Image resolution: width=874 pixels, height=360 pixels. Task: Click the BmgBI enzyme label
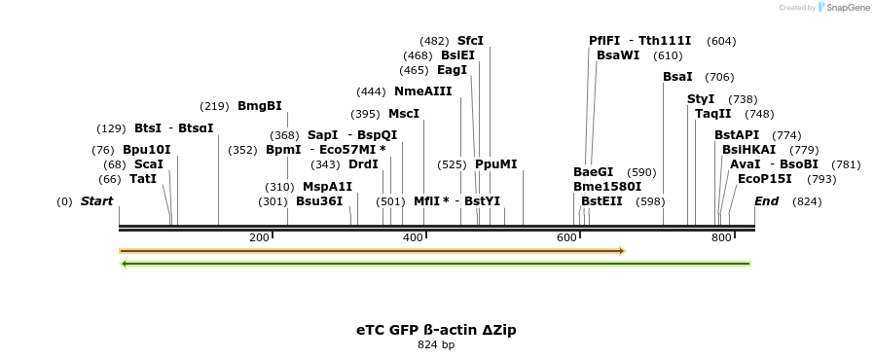click(259, 106)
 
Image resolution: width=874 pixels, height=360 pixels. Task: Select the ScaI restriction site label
click(149, 164)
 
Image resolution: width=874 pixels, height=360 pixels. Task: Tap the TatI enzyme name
click(143, 179)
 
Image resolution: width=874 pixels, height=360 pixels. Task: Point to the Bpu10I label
click(147, 150)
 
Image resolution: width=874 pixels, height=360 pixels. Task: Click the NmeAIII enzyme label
click(423, 91)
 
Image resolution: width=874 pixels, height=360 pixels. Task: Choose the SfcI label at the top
click(470, 41)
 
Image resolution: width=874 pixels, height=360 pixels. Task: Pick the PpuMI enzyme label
click(496, 164)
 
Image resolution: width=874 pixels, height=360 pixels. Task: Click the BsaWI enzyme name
click(618, 55)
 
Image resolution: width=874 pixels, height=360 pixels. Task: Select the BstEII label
click(601, 201)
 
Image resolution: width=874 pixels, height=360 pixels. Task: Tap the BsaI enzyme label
click(677, 77)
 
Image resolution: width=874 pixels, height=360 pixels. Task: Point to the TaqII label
click(713, 114)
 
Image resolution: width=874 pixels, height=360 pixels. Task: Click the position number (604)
click(721, 41)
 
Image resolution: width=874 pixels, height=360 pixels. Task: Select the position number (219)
click(214, 106)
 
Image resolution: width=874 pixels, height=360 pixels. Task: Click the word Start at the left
click(96, 201)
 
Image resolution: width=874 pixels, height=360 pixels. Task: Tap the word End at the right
click(767, 201)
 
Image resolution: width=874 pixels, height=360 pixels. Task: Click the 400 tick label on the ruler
click(413, 238)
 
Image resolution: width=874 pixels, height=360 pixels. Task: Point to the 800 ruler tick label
click(721, 238)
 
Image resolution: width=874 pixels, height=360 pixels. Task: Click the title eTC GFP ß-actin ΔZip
click(436, 330)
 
